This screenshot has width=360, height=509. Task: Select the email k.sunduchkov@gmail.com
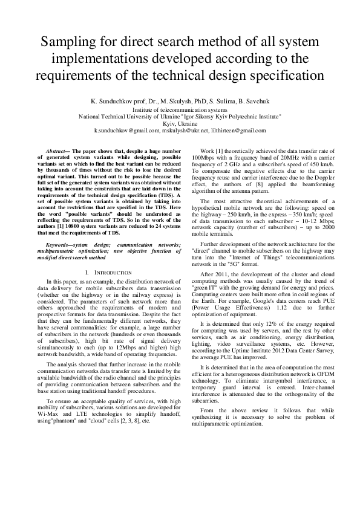click(x=126, y=130)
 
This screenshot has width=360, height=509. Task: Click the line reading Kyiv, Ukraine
click(x=180, y=123)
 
